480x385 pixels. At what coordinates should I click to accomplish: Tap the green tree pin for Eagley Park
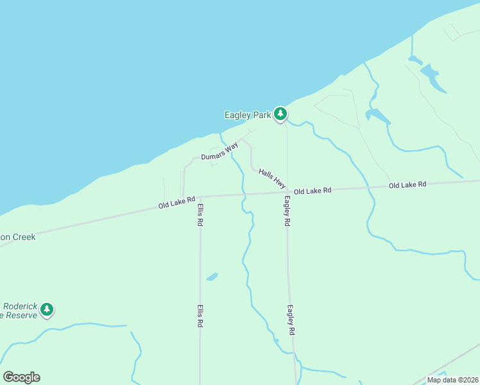click(x=280, y=114)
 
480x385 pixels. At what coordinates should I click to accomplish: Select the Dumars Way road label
click(x=219, y=151)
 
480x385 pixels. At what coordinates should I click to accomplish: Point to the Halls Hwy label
click(x=272, y=178)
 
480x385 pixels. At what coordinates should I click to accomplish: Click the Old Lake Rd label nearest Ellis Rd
click(x=176, y=203)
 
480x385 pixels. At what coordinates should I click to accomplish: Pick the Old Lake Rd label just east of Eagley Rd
click(x=313, y=191)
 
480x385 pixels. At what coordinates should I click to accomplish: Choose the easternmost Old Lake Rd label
click(x=407, y=185)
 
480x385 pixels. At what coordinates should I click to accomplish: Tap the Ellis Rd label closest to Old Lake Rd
click(x=200, y=214)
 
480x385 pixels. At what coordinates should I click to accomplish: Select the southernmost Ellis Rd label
click(x=200, y=316)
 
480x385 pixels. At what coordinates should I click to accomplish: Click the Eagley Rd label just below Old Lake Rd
click(x=287, y=210)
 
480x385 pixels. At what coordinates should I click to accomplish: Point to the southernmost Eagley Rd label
click(x=291, y=320)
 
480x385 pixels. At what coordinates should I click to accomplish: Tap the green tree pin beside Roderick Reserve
click(x=46, y=310)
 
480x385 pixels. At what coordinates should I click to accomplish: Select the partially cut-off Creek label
click(x=18, y=237)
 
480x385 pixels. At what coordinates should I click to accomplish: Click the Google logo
click(x=21, y=377)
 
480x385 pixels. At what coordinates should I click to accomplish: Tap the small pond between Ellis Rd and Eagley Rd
click(x=212, y=277)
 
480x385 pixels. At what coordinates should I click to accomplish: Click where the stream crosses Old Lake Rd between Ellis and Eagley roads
click(x=244, y=194)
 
